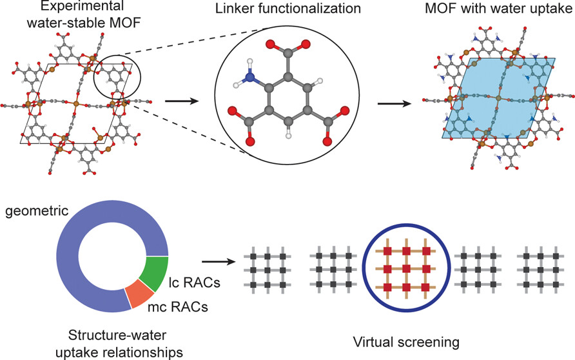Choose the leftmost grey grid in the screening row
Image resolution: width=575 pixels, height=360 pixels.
pos(266,268)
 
